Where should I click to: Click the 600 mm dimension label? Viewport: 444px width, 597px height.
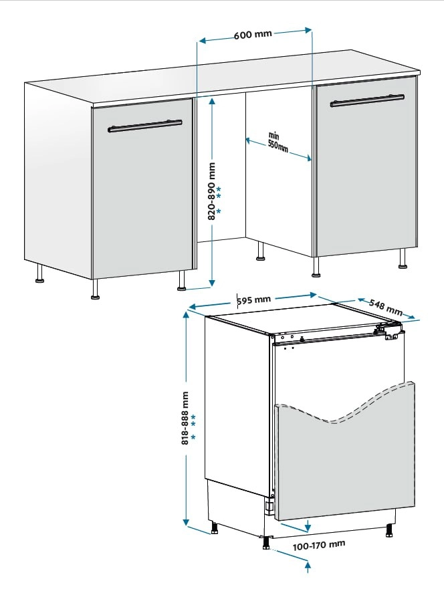pos(253,34)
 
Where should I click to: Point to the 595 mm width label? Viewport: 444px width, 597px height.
pos(254,300)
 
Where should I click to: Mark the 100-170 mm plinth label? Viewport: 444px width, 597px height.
pos(319,546)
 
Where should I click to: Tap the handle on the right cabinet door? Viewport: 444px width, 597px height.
pos(367,100)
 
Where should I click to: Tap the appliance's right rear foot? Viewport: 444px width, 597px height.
pos(389,531)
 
